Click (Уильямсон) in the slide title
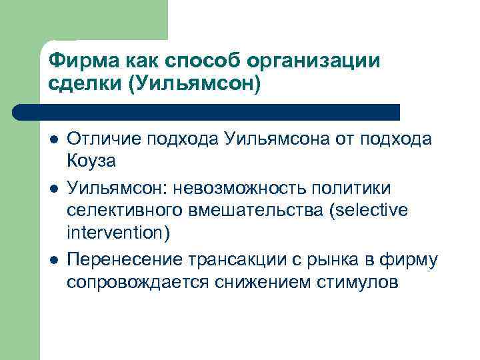point(195,85)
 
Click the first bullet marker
point(53,139)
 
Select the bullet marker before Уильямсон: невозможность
point(53,182)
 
